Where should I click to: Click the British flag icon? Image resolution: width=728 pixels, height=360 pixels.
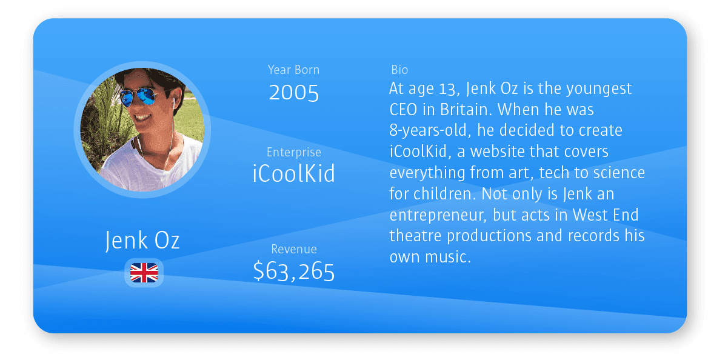coord(144,273)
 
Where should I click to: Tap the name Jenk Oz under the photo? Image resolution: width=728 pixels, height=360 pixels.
coord(142,241)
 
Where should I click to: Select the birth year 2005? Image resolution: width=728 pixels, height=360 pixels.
coord(294,93)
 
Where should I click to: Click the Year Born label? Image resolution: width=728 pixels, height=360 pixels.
coord(293,70)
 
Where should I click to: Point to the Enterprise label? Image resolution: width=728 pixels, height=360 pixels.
coord(294,152)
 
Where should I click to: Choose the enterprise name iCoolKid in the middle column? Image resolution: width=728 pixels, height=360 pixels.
coord(294,173)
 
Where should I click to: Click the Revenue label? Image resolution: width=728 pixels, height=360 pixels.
coord(294,249)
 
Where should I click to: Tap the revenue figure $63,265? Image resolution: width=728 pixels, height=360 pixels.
coord(294,272)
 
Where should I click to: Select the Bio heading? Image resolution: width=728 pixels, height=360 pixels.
coord(399,70)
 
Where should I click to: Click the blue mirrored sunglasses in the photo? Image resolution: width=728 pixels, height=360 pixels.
coord(138,96)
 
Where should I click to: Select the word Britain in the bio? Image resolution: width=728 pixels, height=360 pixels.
coord(466,110)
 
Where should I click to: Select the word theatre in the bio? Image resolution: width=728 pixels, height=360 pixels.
coord(415,236)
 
